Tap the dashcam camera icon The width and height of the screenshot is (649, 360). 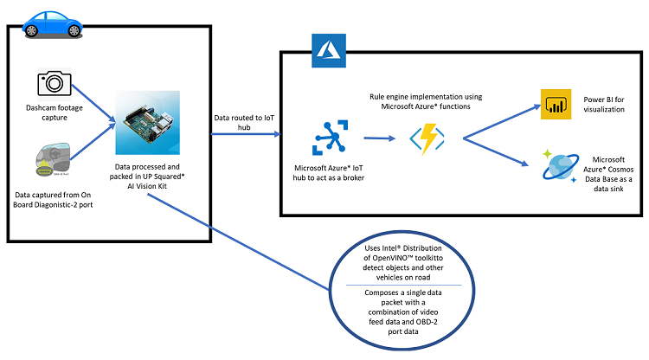coord(53,82)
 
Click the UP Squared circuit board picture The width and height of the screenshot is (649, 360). coord(148,121)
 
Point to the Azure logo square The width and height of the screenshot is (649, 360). coord(324,50)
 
